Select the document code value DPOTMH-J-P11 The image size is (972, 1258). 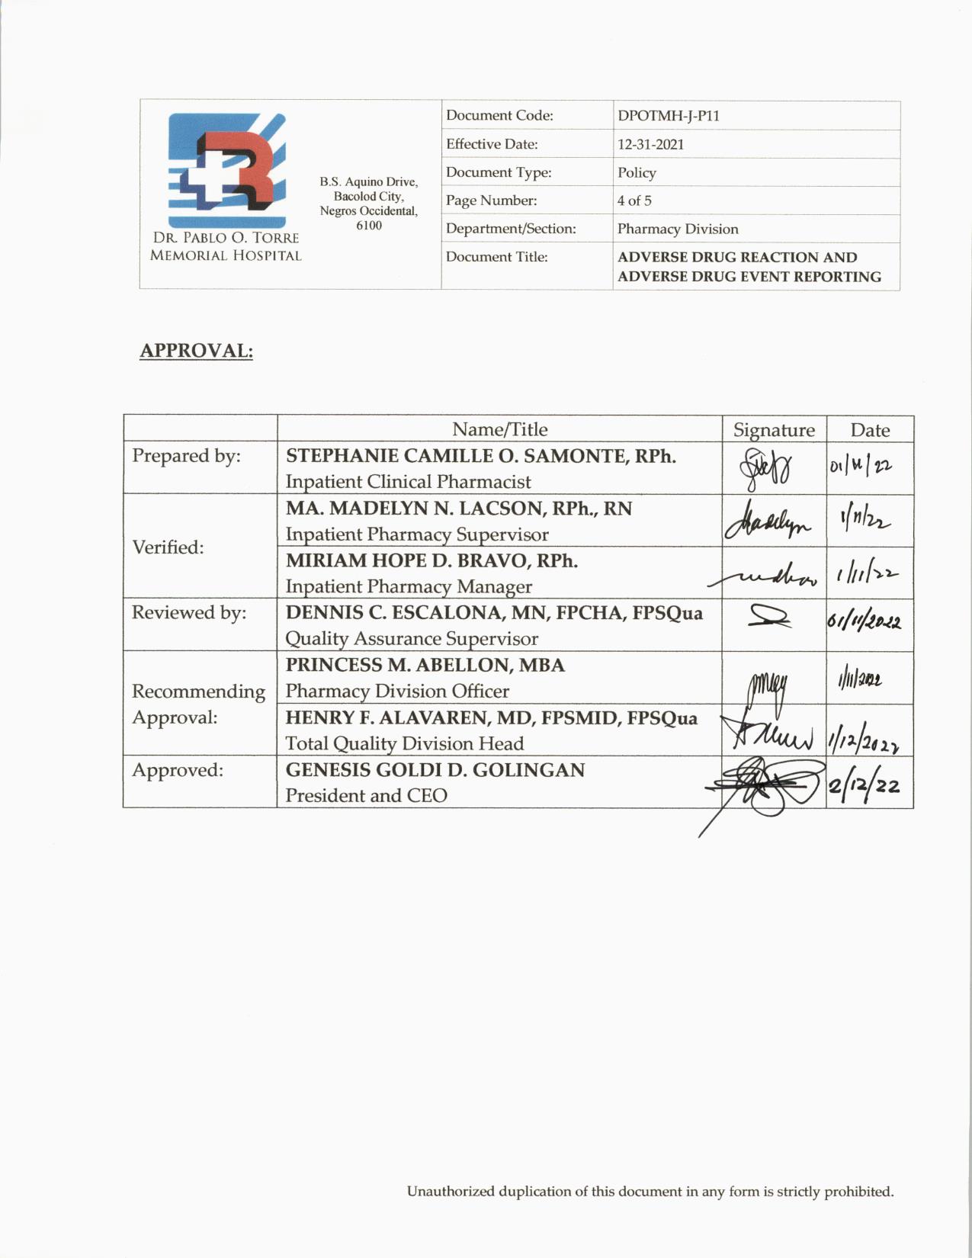point(668,116)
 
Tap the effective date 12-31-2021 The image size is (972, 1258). point(650,144)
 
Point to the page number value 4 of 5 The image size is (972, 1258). point(634,201)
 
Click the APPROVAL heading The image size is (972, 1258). point(196,351)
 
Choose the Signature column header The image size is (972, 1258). point(774,430)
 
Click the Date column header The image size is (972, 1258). point(870,430)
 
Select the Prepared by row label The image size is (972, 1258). point(186,456)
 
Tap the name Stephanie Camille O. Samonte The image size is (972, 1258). point(480,456)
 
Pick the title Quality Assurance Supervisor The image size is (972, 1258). point(412,639)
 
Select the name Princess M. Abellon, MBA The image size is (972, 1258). point(425,665)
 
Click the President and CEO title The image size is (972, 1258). point(366,796)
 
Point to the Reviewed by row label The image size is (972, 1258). point(189,613)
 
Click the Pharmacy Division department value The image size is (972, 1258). point(678,229)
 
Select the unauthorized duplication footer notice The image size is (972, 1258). point(650,1192)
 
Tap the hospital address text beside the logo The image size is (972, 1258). point(369,204)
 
